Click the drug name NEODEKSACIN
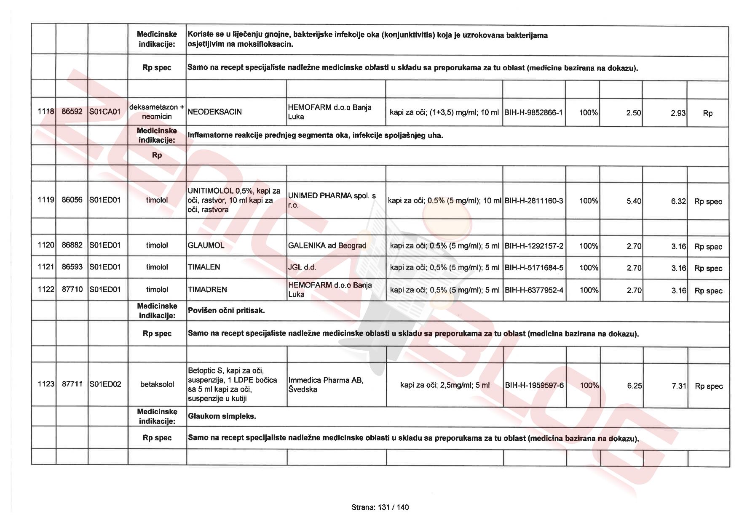point(214,112)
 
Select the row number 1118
point(46,112)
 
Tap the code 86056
point(72,200)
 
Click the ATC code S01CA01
point(105,112)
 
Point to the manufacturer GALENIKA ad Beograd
point(327,246)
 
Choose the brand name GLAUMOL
point(206,245)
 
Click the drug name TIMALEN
point(204,267)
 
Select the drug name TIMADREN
point(207,290)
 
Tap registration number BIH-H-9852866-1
point(533,113)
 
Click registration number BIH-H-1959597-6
point(534,386)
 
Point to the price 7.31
point(679,386)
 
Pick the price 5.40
point(634,201)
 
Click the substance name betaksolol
point(157,384)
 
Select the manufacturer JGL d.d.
point(302,267)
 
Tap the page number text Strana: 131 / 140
point(380,507)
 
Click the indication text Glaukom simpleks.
point(222,416)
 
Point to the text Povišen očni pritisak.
point(226,311)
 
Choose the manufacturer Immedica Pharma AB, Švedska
point(326,385)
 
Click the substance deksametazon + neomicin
point(157,112)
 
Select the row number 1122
point(46,290)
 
